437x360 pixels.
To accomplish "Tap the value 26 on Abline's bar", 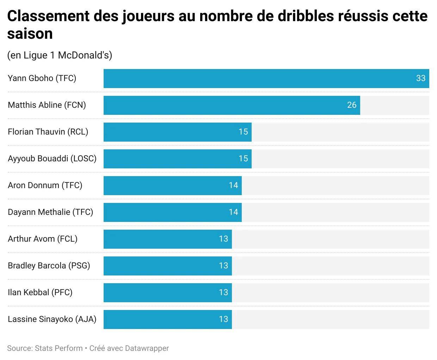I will pyautogui.click(x=352, y=105).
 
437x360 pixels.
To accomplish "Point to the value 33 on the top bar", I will pyautogui.click(x=421, y=79).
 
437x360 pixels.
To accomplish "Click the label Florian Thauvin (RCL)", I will pyautogui.click(x=48, y=132).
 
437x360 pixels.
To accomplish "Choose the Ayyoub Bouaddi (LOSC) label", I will pyautogui.click(x=52, y=159).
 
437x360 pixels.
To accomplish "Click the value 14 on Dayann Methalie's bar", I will pyautogui.click(x=233, y=212).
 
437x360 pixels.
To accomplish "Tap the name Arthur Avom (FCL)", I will pyautogui.click(x=43, y=239).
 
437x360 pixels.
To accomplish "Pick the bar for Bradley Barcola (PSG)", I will pyautogui.click(x=167, y=266).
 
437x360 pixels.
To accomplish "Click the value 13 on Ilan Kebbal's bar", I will pyautogui.click(x=223, y=292).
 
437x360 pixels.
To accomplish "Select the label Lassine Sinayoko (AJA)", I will pyautogui.click(x=52, y=319).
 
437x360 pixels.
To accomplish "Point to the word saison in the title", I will pyautogui.click(x=30, y=34).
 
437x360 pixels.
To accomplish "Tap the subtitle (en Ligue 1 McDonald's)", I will pyautogui.click(x=60, y=55).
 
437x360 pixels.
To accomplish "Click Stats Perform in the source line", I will pyautogui.click(x=59, y=348).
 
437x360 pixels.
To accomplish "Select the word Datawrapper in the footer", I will pyautogui.click(x=147, y=348).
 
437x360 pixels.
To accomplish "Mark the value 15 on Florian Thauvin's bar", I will pyautogui.click(x=243, y=132).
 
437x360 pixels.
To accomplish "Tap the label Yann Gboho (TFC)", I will pyautogui.click(x=42, y=78).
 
